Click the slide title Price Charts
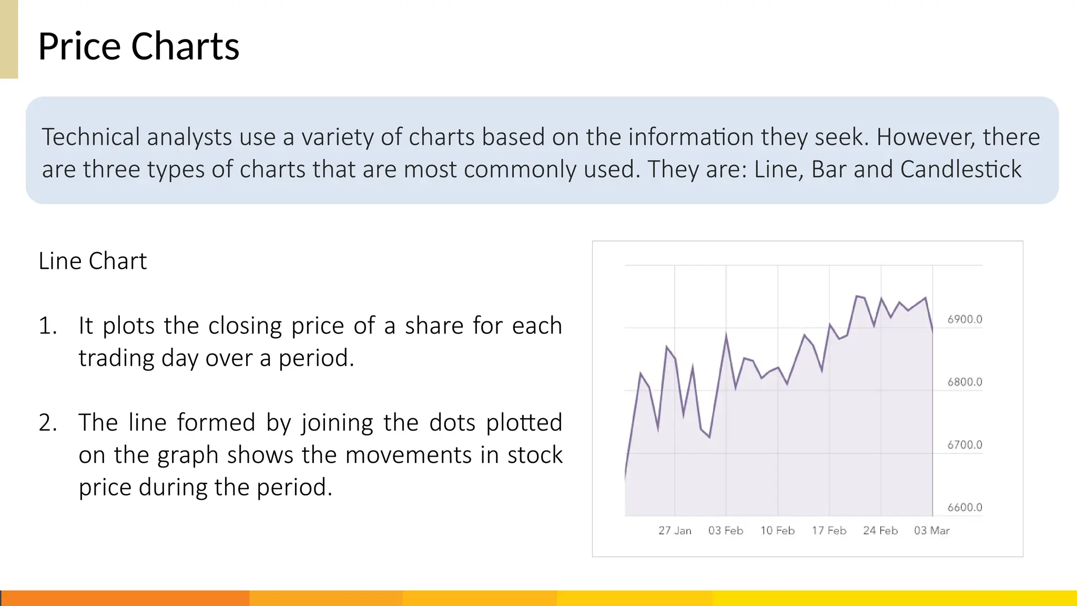tap(139, 46)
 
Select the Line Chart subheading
tap(93, 261)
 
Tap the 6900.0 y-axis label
tap(964, 319)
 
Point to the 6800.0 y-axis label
tap(964, 382)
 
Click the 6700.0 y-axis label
tap(964, 445)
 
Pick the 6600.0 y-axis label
tap(964, 507)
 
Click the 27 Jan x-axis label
tap(675, 530)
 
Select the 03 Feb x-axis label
tap(726, 530)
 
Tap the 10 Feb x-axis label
tap(777, 530)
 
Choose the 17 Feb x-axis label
tap(829, 530)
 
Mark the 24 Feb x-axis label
tap(880, 530)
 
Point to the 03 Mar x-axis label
tap(932, 530)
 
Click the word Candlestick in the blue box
tap(961, 169)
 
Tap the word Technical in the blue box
tap(90, 137)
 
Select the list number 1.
tap(47, 326)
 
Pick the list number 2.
tap(47, 422)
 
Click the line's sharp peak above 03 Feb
tap(726, 335)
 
